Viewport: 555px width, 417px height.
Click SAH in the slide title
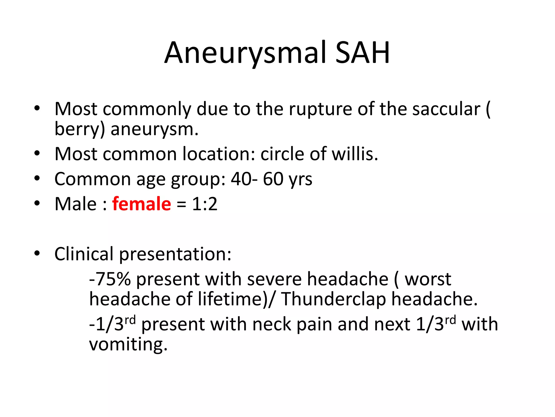coord(363,53)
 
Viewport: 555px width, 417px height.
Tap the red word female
coord(141,204)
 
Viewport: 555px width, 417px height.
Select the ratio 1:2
coord(205,204)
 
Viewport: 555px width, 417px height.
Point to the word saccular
coord(446,109)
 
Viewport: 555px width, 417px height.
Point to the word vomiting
coord(128,344)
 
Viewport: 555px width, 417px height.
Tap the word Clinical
coord(84,254)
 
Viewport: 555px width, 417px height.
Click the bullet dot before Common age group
coord(37,179)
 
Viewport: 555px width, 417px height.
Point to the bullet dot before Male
coord(37,203)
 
